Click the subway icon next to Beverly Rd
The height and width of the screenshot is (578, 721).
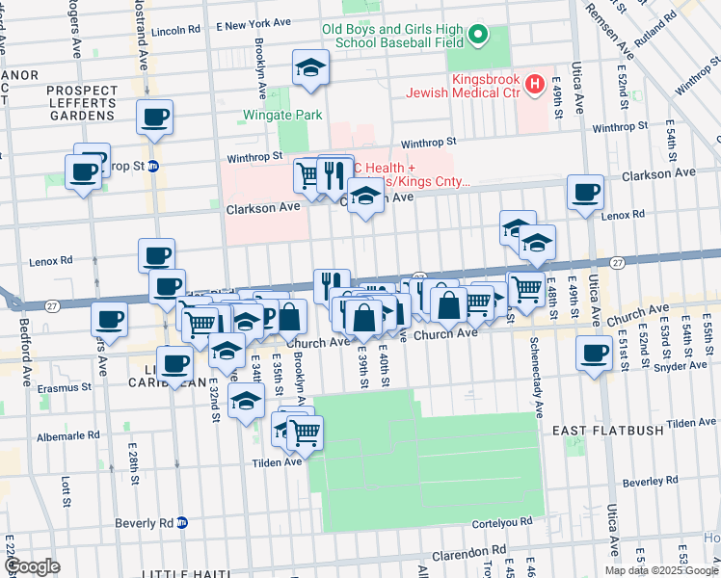182,523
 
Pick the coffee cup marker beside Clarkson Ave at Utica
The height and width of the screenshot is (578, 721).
585,193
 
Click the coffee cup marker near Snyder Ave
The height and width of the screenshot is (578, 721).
595,353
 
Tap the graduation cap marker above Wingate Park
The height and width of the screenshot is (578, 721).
310,67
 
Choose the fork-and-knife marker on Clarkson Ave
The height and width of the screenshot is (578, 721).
334,174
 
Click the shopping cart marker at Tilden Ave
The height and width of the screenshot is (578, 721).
305,434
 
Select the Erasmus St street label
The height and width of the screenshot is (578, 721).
65,387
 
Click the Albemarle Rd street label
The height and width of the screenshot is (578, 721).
67,435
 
